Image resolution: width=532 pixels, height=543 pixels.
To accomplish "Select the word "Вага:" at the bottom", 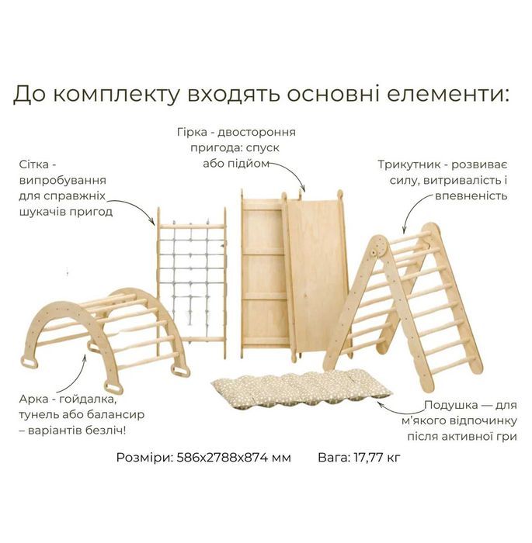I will pyautogui.click(x=333, y=458).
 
